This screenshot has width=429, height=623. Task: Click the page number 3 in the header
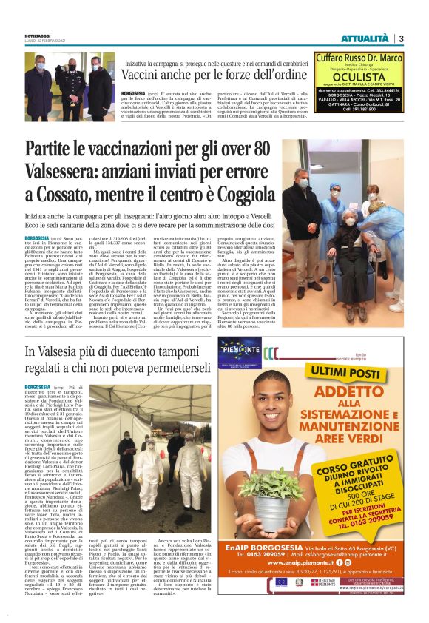401,38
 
